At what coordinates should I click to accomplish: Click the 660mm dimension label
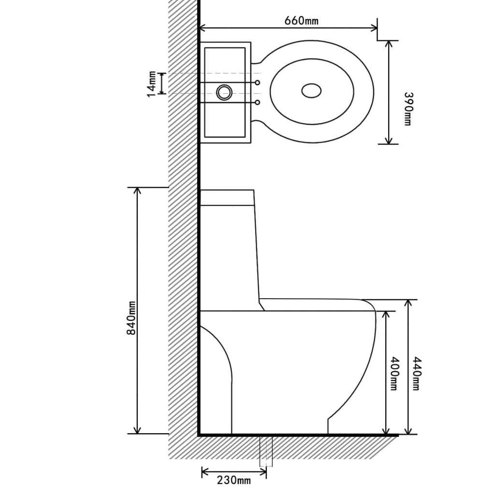tap(302, 20)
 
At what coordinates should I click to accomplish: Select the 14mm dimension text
tap(152, 84)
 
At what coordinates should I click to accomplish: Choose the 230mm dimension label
tap(233, 480)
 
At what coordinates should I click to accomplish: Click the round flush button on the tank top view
tap(224, 92)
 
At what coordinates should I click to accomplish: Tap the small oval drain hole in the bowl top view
tap(311, 90)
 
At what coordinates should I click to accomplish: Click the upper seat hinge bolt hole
tap(258, 82)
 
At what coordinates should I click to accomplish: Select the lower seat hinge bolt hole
tap(258, 102)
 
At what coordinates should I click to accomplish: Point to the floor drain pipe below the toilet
tap(266, 451)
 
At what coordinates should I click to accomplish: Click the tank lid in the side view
tap(227, 198)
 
